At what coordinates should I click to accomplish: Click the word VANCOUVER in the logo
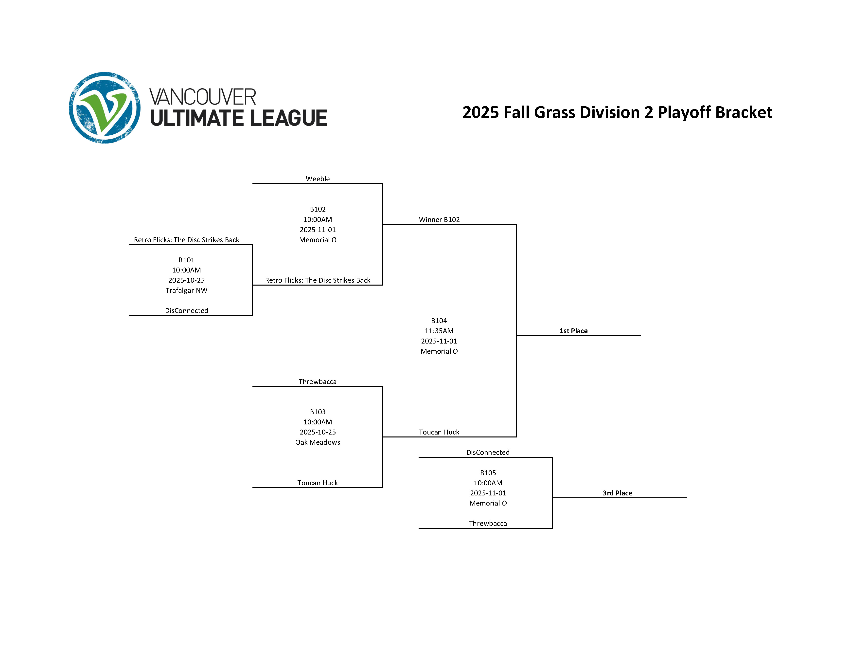click(x=203, y=97)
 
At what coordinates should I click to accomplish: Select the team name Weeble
click(x=318, y=179)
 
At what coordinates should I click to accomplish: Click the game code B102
click(x=318, y=209)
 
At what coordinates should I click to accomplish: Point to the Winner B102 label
click(x=439, y=219)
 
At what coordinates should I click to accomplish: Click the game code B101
click(x=186, y=260)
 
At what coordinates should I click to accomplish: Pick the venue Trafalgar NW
click(x=186, y=290)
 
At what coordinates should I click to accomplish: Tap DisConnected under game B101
click(x=186, y=310)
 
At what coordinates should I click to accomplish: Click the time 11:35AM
click(x=439, y=331)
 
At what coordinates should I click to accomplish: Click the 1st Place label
click(x=573, y=331)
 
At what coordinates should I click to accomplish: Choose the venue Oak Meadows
click(x=318, y=442)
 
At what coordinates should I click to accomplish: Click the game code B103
click(x=318, y=412)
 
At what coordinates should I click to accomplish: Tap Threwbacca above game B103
click(x=318, y=381)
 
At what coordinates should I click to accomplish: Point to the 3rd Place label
click(x=617, y=493)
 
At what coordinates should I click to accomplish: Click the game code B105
click(x=488, y=473)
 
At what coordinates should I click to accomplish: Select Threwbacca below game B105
click(x=488, y=523)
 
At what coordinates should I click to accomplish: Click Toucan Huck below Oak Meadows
click(x=318, y=483)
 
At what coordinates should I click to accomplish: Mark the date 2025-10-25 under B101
click(x=186, y=280)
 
